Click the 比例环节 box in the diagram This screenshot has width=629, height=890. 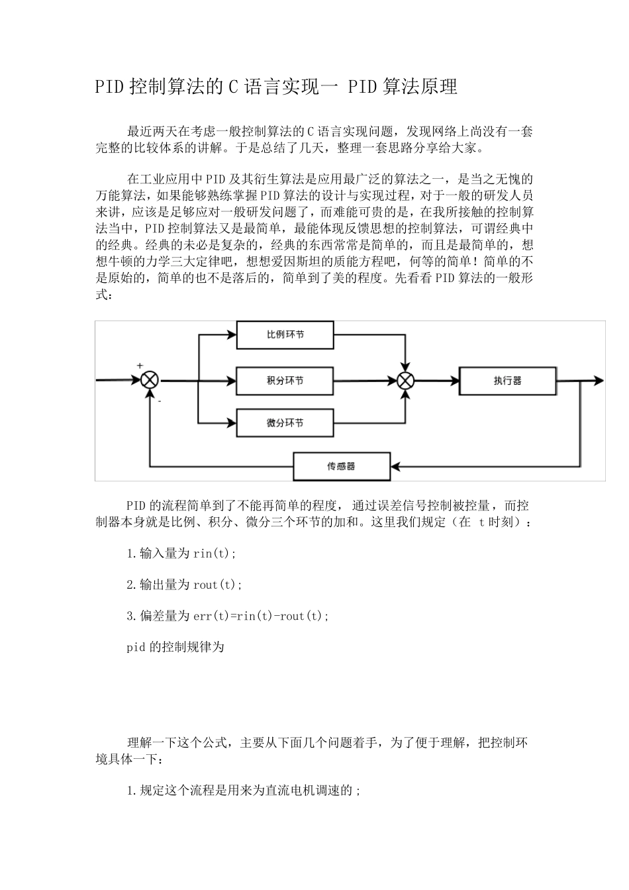coord(285,335)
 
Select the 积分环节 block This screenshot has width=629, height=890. coord(285,381)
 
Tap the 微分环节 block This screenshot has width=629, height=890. coord(285,423)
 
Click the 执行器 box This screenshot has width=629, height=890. coord(507,381)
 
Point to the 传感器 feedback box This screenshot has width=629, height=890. coord(341,466)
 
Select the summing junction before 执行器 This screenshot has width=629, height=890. coord(405,381)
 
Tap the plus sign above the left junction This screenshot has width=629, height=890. coord(140,366)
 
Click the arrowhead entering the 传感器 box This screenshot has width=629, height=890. coord(394,466)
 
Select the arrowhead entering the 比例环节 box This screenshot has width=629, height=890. coord(232,335)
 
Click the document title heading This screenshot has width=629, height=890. coord(276,87)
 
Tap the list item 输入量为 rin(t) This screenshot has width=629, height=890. coord(181,554)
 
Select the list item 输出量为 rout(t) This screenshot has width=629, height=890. coord(185,585)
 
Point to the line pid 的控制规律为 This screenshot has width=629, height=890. coord(175,647)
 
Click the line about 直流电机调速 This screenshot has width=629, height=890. coord(244,791)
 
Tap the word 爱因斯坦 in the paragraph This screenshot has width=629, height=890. coord(299,262)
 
